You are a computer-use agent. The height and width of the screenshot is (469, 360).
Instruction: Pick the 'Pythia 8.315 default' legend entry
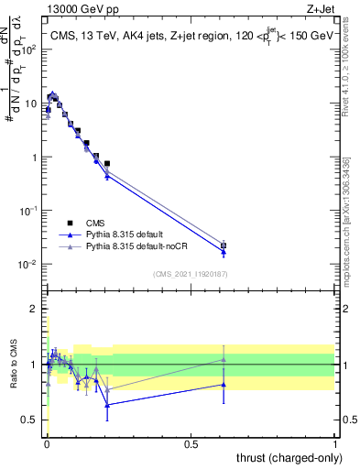[x=125, y=234]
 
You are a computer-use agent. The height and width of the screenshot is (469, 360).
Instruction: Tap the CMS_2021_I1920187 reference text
[x=190, y=274]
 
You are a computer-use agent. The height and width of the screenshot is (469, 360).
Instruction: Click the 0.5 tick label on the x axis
[x=191, y=442]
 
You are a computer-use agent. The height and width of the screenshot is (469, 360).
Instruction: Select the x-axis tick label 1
[x=334, y=442]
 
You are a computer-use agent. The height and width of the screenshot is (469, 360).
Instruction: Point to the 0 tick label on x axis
[x=47, y=442]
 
